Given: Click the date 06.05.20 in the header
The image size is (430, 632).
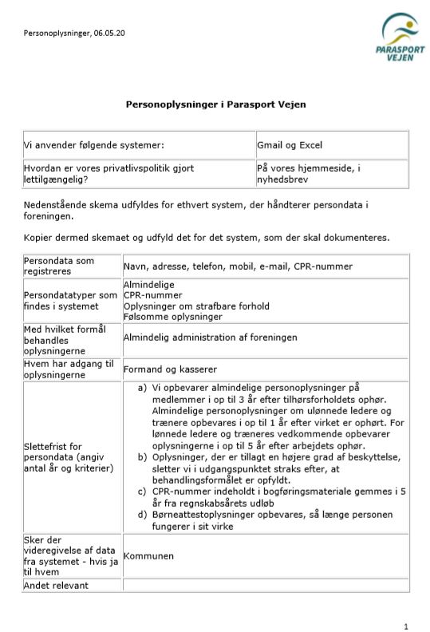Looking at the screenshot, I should (109, 34).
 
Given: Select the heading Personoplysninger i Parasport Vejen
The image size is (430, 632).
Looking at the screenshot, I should (215, 105).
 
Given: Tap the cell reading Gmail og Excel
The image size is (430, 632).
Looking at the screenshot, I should (289, 145).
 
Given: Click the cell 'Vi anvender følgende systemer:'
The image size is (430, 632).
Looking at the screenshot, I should (94, 145).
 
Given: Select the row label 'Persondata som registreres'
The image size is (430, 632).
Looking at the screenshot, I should (59, 266).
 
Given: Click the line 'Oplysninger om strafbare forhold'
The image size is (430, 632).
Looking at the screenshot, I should (196, 306).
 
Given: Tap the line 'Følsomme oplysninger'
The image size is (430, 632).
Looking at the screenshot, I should (172, 316).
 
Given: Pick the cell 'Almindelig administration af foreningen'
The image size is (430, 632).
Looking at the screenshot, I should (210, 338).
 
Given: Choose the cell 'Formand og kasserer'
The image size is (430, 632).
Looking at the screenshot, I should (170, 369).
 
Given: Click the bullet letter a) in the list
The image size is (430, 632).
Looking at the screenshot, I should (143, 388).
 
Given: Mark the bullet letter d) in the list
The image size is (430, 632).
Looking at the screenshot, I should (143, 515).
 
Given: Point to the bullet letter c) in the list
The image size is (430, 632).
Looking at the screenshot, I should (143, 492).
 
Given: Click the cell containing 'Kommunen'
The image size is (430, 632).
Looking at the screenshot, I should (148, 555).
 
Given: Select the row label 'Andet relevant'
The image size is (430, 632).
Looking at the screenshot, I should (56, 586).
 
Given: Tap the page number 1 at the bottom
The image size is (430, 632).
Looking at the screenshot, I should (406, 626).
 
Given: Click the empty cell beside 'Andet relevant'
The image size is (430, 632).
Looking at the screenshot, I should (265, 586).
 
